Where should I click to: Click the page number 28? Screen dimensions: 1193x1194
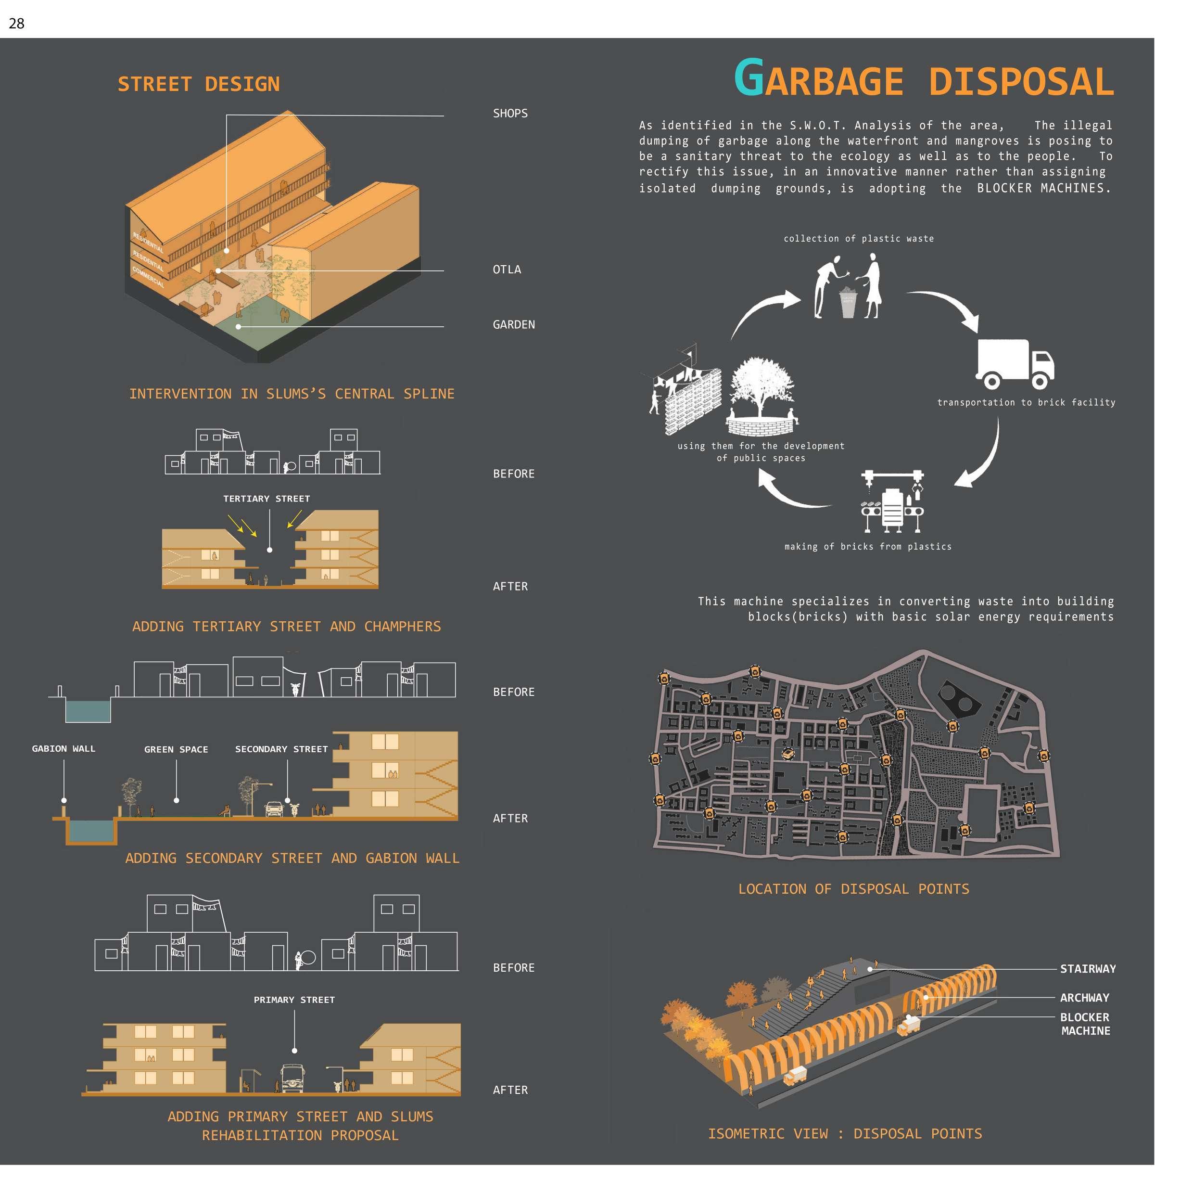coord(17,24)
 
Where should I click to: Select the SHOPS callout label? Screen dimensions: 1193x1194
coord(510,113)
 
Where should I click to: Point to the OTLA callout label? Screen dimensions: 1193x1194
coord(507,270)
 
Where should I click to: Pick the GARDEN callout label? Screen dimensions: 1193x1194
coord(513,324)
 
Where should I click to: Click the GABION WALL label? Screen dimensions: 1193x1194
coord(63,748)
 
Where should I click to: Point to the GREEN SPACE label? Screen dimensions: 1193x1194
coord(176,749)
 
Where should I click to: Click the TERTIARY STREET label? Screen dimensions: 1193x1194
coord(267,499)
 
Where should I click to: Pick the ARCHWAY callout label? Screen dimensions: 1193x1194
coord(1084,998)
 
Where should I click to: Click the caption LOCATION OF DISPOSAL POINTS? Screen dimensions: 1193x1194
coord(853,889)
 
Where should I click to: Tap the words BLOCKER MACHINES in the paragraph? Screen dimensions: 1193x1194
coord(1043,188)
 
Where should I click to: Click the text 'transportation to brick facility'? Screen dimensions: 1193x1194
coord(1026,402)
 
